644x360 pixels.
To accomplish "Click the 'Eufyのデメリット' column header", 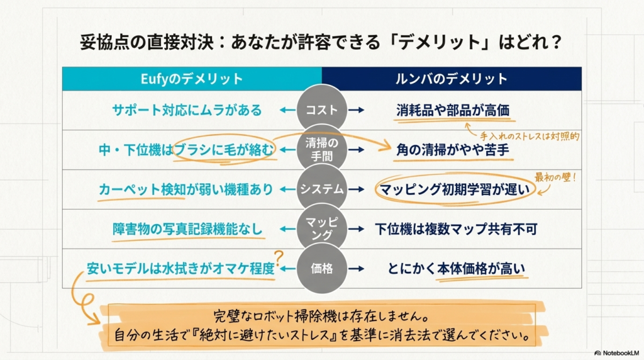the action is pos(192,79).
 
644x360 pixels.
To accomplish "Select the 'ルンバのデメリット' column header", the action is pos(452,79).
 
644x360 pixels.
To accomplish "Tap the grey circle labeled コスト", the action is pos(322,110).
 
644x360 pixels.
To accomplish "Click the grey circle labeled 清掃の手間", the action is pos(322,149).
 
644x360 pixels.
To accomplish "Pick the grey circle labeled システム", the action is pos(322,189).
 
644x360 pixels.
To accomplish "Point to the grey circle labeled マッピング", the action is pos(322,228).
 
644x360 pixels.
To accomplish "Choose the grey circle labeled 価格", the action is pos(322,268).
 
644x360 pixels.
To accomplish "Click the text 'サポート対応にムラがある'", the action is pos(187,110).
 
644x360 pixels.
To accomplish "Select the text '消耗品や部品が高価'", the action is pos(453,110).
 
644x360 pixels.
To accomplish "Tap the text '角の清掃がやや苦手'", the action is pos(453,150).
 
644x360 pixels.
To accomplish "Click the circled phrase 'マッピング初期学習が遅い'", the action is pos(455,189).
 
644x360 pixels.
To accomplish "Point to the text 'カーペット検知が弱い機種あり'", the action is pos(186,189).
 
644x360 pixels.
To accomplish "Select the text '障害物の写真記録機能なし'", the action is pos(187,229).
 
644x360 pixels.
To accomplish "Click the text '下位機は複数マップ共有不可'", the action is pos(456,229).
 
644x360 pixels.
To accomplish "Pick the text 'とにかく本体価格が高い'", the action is pos(457,269).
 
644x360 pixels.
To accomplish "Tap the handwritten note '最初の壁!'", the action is pos(555,177).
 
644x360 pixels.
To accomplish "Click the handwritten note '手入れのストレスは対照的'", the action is pos(530,136).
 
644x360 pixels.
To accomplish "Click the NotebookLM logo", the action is pos(616,353).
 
